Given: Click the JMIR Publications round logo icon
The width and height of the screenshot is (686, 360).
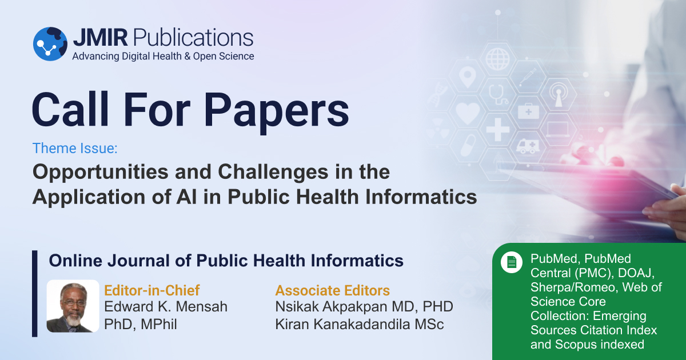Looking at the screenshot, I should [50, 43].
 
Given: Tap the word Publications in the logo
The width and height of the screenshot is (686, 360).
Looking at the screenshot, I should [192, 37].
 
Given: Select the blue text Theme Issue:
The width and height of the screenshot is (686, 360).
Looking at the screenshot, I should [75, 149].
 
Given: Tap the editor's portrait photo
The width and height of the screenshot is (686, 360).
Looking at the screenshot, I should [73, 306].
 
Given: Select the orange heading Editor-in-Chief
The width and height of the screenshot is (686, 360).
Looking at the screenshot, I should [152, 290].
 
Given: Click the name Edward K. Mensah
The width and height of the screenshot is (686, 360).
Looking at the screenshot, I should [166, 307].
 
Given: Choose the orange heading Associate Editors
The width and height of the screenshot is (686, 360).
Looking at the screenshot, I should [333, 290].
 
